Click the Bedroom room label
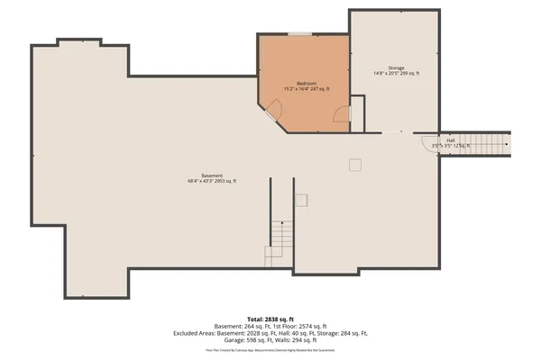[x=307, y=83]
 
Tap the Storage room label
[x=396, y=67]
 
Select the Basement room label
[x=212, y=175]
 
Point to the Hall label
[x=450, y=139]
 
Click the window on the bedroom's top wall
[x=299, y=34]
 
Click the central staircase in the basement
[x=280, y=243]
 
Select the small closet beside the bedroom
[x=357, y=112]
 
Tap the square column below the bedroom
[x=355, y=164]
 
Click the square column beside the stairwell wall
[x=302, y=200]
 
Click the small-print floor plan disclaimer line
[x=270, y=350]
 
